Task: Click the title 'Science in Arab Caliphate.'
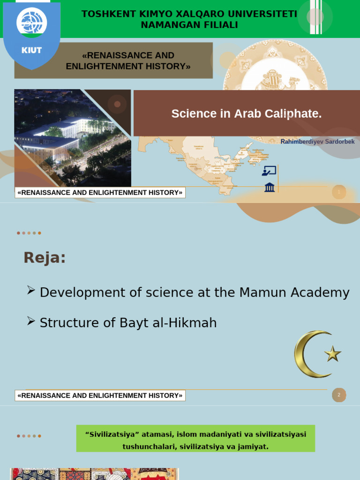(x=247, y=113)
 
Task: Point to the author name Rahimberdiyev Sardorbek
(x=317, y=142)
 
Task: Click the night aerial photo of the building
(x=73, y=138)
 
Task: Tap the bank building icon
(x=270, y=187)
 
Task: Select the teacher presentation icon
(x=269, y=171)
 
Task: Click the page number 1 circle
(x=339, y=192)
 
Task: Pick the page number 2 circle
(x=339, y=395)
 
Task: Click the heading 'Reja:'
(x=45, y=257)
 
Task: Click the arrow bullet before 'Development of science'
(x=31, y=291)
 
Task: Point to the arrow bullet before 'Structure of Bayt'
(x=31, y=321)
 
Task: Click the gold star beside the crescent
(x=333, y=353)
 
